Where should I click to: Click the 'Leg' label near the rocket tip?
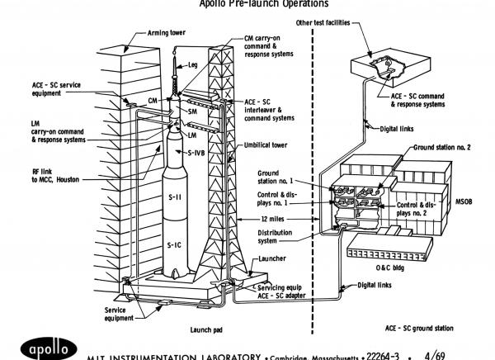[x=192, y=64]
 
